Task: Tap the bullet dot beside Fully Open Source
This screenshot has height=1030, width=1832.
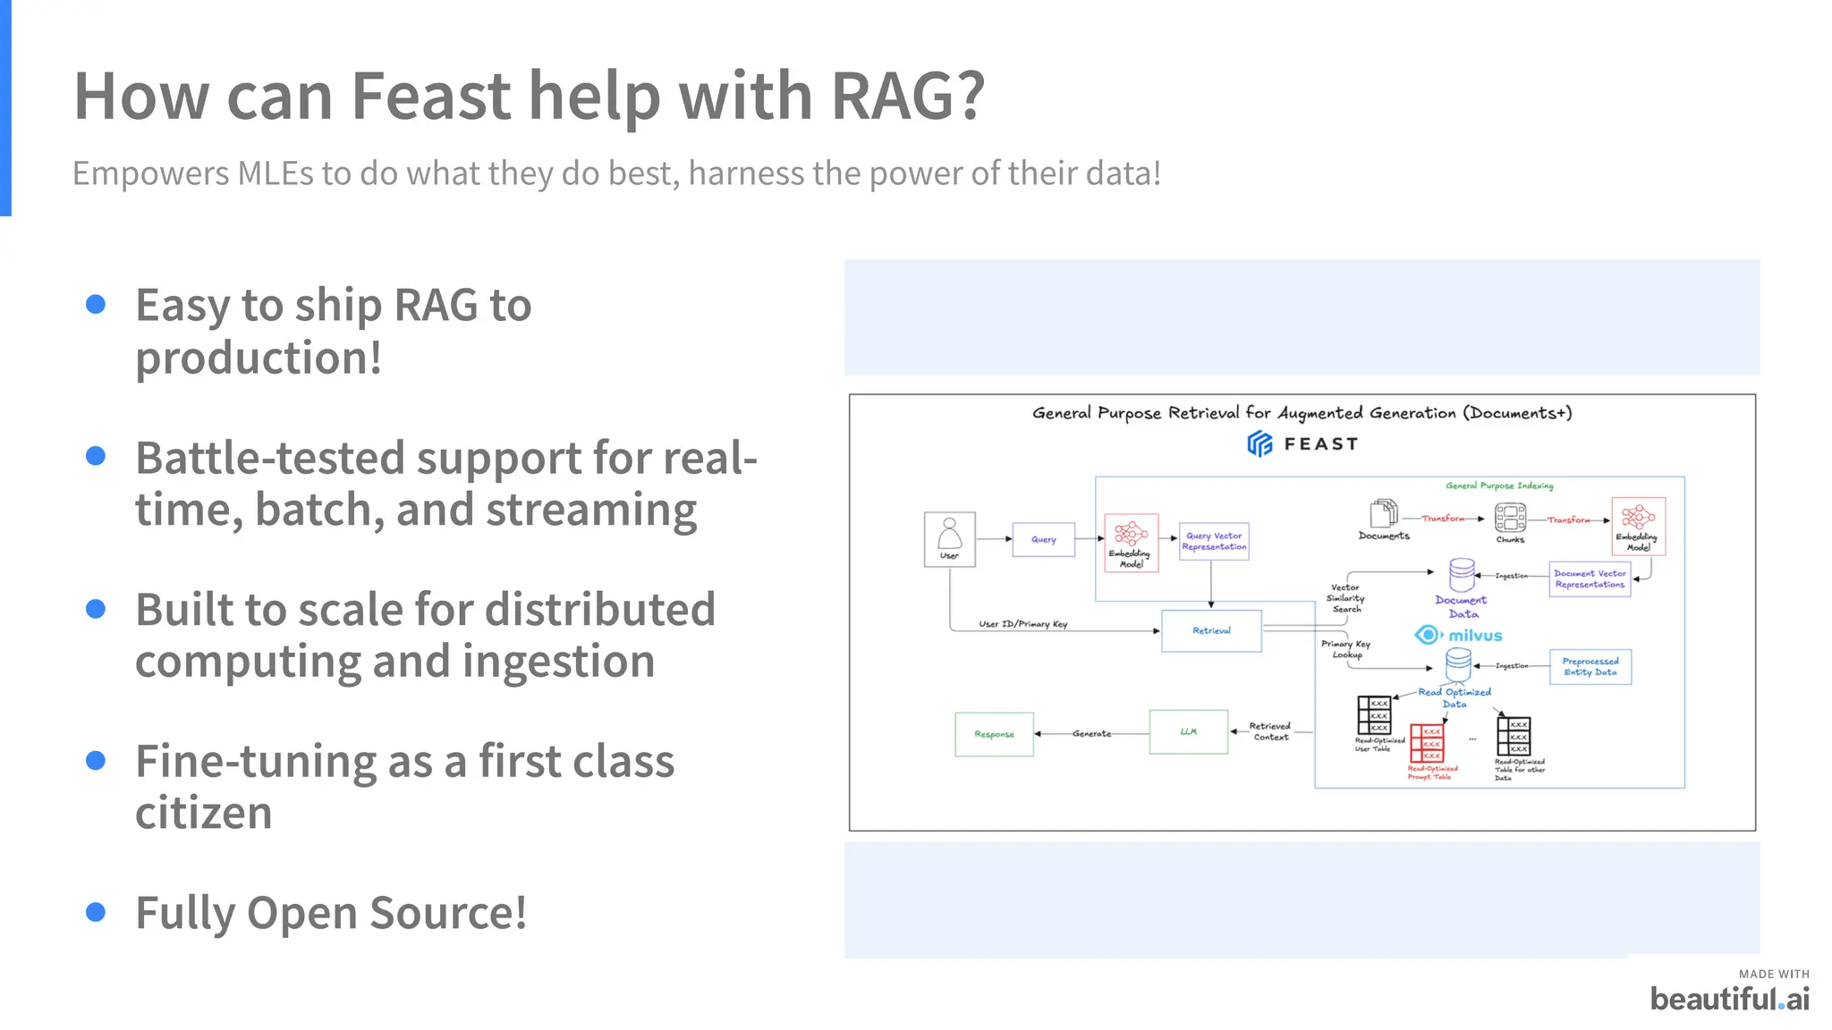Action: tap(96, 912)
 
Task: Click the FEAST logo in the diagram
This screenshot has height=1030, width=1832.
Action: tap(1302, 443)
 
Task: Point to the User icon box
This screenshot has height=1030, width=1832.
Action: tap(949, 539)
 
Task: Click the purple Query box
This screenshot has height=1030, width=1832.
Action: tap(1043, 539)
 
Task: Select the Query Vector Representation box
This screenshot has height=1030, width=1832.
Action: tap(1213, 541)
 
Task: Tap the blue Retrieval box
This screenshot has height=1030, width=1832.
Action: tap(1211, 630)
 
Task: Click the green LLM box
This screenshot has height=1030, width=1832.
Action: tap(1188, 731)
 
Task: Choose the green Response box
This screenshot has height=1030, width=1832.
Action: tap(994, 734)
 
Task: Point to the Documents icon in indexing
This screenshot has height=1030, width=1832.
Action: tap(1383, 514)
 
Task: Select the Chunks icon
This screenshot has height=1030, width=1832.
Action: tap(1510, 518)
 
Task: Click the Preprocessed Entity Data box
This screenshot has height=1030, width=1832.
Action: tap(1590, 667)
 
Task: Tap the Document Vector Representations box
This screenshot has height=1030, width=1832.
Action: tap(1590, 578)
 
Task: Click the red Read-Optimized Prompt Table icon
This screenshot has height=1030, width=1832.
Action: tap(1427, 744)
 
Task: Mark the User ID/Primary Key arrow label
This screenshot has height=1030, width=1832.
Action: tap(1022, 624)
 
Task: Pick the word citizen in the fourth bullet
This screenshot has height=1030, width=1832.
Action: tap(203, 814)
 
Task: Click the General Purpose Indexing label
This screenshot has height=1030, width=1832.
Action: tap(1499, 485)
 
